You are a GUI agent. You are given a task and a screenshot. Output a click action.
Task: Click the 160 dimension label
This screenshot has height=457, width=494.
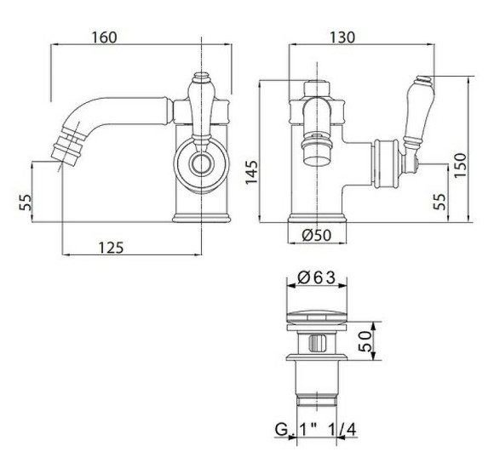(104, 37)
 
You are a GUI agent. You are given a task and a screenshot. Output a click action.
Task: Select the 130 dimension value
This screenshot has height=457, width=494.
(342, 37)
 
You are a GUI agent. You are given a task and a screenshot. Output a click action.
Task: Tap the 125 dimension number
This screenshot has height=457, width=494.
(112, 248)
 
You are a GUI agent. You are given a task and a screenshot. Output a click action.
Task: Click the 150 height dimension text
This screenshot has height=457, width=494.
(460, 165)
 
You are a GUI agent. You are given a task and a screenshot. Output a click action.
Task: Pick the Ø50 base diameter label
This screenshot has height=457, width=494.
(317, 235)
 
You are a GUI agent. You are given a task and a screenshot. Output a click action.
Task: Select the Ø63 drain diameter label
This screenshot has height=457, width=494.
(316, 278)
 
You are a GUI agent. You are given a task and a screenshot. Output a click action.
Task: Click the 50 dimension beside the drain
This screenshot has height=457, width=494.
(365, 341)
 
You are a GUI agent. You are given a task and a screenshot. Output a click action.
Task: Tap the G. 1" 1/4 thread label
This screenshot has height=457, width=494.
(316, 429)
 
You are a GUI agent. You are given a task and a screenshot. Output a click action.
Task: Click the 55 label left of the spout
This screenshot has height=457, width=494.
(26, 203)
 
